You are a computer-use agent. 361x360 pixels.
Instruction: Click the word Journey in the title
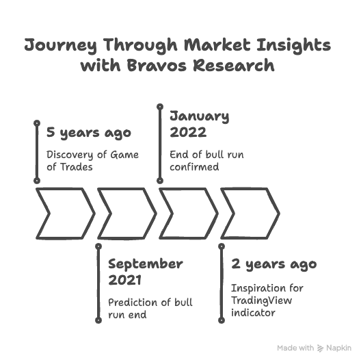[61, 45]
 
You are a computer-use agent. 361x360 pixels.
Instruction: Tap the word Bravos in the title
[157, 65]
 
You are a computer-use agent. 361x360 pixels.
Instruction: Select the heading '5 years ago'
[89, 133]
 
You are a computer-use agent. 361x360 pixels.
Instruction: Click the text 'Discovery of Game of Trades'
[92, 161]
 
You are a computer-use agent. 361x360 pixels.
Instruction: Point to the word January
[200, 116]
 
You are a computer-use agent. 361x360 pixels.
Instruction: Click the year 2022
[188, 132]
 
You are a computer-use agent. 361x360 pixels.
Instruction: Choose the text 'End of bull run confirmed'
[206, 161]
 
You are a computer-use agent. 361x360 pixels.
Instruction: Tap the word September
[146, 264]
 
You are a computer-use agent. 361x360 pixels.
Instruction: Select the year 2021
[124, 280]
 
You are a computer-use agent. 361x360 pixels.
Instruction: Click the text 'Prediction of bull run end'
[150, 309]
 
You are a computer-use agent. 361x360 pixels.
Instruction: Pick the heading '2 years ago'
[274, 264]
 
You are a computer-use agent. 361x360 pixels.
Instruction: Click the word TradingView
[262, 300]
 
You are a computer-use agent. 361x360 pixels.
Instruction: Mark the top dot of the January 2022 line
[160, 107]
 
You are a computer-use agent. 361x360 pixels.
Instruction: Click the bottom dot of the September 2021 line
[98, 320]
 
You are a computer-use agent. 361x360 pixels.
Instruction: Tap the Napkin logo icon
[320, 348]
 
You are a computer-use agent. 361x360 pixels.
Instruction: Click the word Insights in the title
[294, 45]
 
